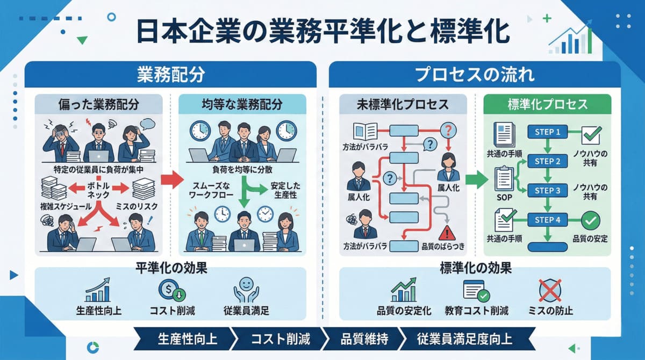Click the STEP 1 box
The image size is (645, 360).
pos(548,132)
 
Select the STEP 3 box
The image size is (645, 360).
pos(548,191)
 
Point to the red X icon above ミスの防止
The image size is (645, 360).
pos(550,291)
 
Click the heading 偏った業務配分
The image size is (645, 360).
pos(98,104)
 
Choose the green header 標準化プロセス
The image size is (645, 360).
pos(547,104)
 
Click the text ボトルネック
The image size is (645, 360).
pos(98,191)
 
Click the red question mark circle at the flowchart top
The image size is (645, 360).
pos(448,131)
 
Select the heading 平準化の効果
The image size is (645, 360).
pos(171,267)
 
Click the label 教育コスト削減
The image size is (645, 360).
pos(476,311)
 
